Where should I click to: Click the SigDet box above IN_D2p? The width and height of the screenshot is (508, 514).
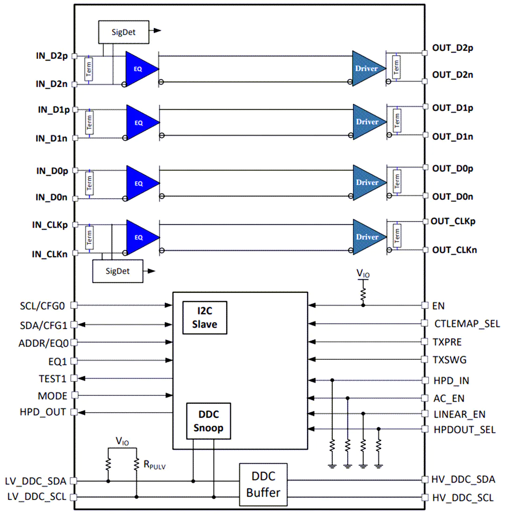click(124, 32)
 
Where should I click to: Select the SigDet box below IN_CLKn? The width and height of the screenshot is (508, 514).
click(118, 271)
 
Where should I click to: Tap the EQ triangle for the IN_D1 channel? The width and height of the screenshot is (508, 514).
click(143, 122)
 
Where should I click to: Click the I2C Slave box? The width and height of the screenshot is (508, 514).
click(205, 318)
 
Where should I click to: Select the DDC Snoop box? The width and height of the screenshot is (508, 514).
click(208, 421)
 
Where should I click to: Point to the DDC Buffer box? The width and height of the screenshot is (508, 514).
click(263, 485)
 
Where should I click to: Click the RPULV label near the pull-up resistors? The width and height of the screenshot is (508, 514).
click(155, 465)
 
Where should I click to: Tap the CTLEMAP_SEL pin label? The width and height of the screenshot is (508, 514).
click(467, 324)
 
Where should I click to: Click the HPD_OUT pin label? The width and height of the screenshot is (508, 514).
click(43, 412)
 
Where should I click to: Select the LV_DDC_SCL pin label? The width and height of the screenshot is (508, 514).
click(37, 497)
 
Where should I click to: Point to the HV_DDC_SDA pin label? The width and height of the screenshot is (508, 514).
click(463, 479)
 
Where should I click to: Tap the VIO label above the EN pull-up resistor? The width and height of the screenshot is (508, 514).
click(363, 273)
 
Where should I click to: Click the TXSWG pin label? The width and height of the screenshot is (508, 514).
click(449, 360)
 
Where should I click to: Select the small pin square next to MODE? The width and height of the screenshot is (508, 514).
click(75, 395)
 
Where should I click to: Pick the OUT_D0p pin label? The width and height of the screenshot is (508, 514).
click(452, 169)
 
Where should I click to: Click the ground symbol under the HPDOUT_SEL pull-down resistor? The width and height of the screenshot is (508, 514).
click(379, 466)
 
